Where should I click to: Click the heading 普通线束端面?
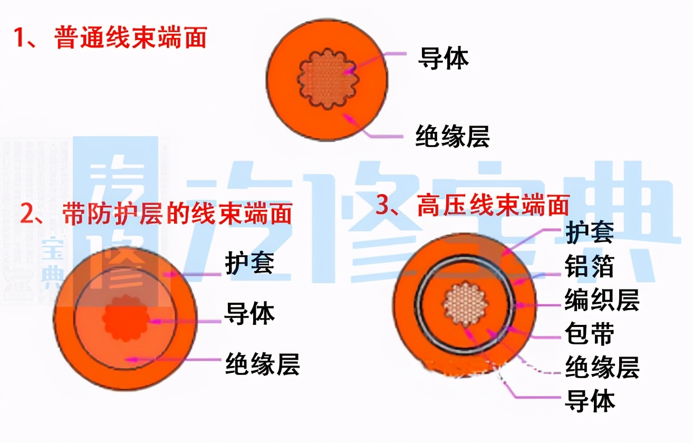click(130, 38)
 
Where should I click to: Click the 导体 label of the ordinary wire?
click(443, 58)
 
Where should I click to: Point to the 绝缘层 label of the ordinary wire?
click(453, 136)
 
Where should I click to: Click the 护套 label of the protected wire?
click(249, 263)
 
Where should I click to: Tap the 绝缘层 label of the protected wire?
click(262, 363)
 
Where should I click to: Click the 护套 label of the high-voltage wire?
click(589, 233)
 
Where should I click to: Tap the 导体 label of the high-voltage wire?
click(589, 401)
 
